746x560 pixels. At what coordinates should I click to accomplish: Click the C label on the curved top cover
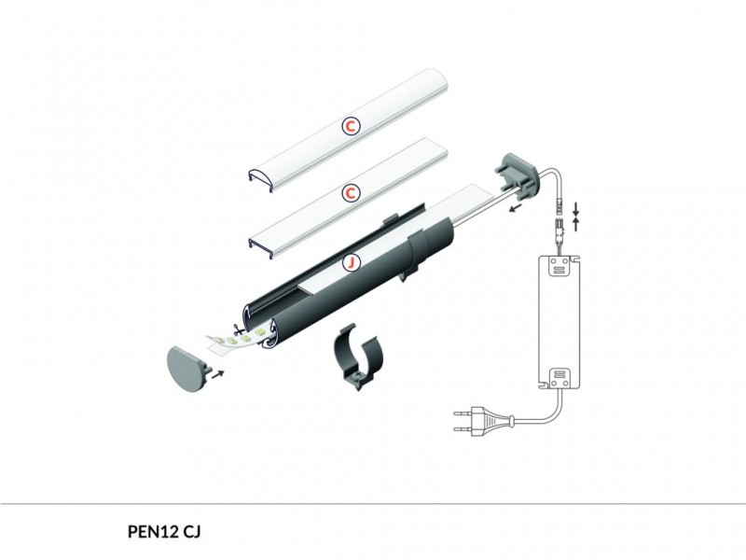[351, 126]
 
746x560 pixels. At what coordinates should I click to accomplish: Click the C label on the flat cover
[351, 193]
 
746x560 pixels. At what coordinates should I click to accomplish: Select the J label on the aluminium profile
[352, 262]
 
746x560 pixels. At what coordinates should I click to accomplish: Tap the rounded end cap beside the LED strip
[188, 369]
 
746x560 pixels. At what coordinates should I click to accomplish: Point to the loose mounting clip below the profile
[358, 357]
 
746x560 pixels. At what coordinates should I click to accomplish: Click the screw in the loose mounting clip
[358, 376]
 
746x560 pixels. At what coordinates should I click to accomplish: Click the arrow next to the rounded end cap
[217, 373]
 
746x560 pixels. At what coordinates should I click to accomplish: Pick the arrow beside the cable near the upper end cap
[515, 207]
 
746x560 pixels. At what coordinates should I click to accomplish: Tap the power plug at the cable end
[485, 421]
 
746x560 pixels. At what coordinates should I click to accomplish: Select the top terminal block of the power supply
[559, 267]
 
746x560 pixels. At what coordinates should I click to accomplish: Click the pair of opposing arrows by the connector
[576, 217]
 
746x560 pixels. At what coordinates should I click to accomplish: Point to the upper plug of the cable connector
[559, 205]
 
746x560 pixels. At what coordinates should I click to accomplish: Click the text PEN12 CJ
[164, 531]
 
